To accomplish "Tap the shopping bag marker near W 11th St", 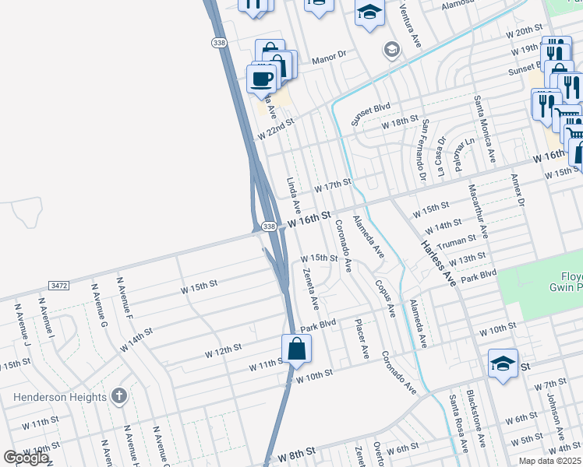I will coord(297,348).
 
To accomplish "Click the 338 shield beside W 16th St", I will coord(268,226).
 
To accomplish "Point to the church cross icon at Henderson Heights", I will coord(118,397).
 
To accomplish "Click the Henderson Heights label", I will coord(60,397).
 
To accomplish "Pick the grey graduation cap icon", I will coord(391,51).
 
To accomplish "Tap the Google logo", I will coord(26,458).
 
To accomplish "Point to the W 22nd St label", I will coord(276,128).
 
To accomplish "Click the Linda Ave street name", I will coord(293,195).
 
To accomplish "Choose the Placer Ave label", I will coord(362,339).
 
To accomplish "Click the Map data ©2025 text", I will coord(549,461).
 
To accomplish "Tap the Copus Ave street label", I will coord(385,299).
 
